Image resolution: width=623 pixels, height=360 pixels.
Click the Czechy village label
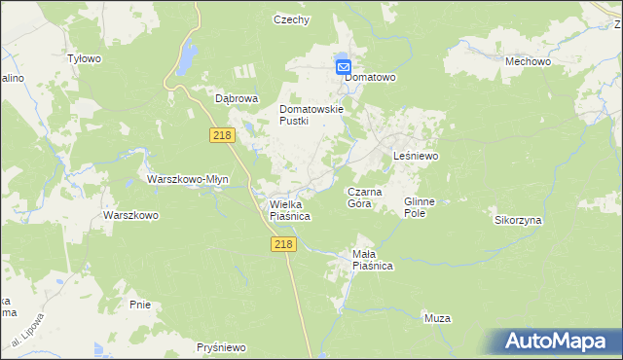pyautogui.click(x=291, y=19)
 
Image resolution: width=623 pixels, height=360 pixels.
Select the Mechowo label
pyautogui.click(x=529, y=61)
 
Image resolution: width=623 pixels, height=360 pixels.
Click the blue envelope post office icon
pyautogui.click(x=344, y=66)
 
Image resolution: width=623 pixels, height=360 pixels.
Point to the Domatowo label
pyautogui.click(x=374, y=76)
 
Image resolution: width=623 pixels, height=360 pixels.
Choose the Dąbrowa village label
pyautogui.click(x=236, y=98)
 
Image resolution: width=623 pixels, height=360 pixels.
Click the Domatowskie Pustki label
pyautogui.click(x=312, y=115)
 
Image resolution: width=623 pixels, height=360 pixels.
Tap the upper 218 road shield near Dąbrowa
pyautogui.click(x=221, y=135)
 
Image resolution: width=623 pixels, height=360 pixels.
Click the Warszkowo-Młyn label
pyautogui.click(x=187, y=179)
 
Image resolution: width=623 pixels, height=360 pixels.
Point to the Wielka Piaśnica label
pyautogui.click(x=289, y=210)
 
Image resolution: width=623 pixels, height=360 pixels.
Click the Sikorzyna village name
pyautogui.click(x=518, y=220)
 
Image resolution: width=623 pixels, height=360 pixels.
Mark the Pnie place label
pyautogui.click(x=139, y=305)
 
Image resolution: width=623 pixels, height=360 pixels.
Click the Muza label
pyautogui.click(x=437, y=318)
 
